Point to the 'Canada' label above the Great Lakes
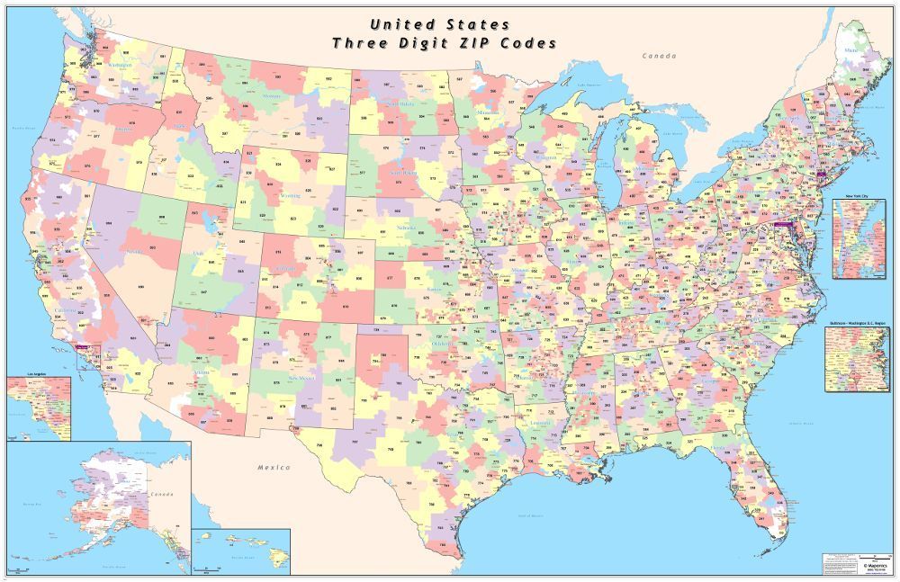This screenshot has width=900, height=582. [658, 56]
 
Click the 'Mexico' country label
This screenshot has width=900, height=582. [274, 467]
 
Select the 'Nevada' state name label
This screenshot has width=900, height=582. [136, 253]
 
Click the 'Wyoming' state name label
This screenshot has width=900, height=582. [291, 194]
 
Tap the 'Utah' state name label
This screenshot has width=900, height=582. [199, 254]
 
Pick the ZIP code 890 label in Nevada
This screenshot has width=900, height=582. [141, 286]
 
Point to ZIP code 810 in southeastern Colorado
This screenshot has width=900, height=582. [346, 305]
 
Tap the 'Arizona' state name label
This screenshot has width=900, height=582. [200, 372]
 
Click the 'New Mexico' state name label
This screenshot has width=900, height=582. [298, 378]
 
